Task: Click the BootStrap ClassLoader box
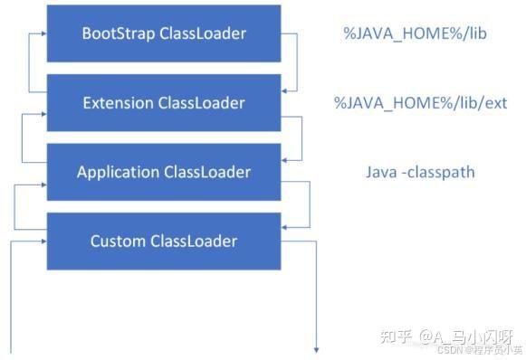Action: click(164, 33)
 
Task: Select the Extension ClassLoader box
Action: click(164, 103)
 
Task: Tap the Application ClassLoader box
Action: click(164, 172)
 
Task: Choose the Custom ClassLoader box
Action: click(164, 241)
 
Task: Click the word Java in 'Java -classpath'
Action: click(381, 172)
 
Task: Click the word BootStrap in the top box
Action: click(119, 33)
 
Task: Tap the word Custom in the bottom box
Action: click(118, 241)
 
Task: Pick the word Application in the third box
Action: click(116, 172)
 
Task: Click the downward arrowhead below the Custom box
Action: click(318, 349)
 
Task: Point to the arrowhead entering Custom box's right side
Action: click(286, 226)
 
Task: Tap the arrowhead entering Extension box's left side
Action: click(43, 115)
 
